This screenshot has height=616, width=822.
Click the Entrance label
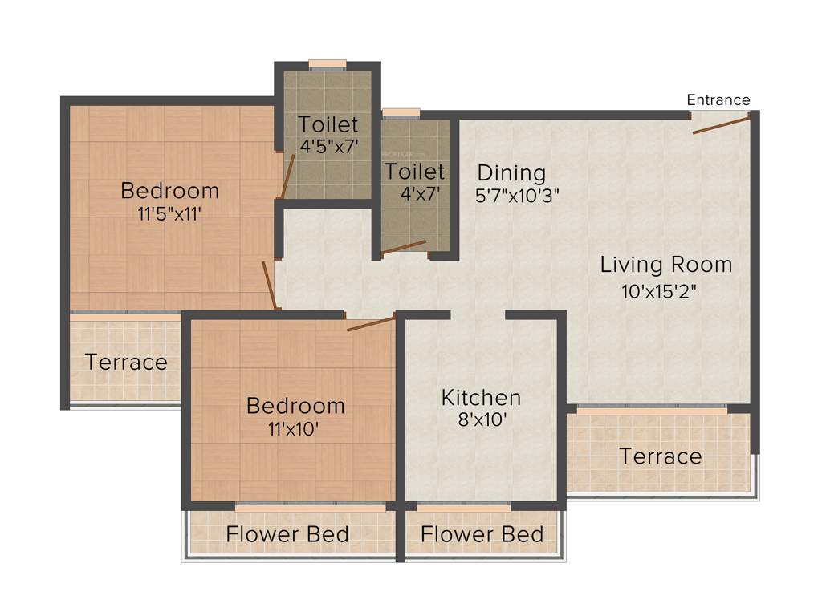pos(718,100)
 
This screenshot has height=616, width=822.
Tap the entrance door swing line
pos(722,125)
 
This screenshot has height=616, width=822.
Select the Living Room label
pos(666,265)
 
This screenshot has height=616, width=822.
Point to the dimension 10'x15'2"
pos(664,291)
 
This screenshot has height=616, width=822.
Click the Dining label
pos(511,173)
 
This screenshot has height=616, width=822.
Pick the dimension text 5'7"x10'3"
pos(518,195)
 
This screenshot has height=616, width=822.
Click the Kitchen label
pos(481,397)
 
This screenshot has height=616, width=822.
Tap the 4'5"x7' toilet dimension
pos(328,147)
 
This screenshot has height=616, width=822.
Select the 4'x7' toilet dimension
pos(414,193)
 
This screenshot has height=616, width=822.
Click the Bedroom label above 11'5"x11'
pos(169,191)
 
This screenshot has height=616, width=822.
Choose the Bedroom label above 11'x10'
pos(295,405)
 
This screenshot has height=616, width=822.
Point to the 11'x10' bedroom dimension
pos(295,428)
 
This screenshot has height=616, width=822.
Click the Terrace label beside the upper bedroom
pos(126,362)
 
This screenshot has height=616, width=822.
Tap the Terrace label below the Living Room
pos(660,456)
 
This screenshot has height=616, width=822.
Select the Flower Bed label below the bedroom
pos(287,534)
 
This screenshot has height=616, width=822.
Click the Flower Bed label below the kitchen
pos(482,534)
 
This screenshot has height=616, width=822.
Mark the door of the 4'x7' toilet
pos(404,247)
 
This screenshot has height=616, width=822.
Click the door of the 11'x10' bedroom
pos(371,324)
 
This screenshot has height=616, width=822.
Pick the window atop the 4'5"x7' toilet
pos(328,65)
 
